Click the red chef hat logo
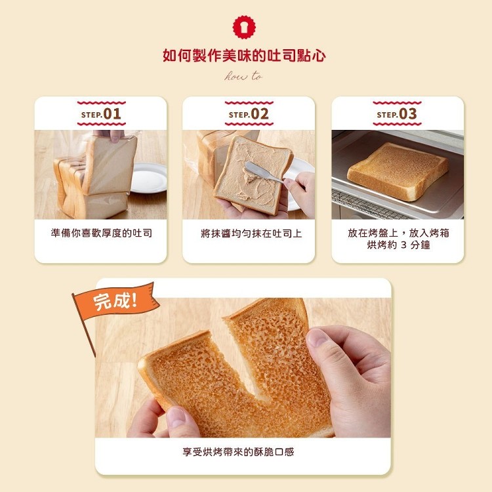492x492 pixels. [x=244, y=27]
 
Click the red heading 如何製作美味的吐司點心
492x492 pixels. [x=244, y=56]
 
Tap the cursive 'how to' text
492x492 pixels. [x=243, y=76]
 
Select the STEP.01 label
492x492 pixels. [x=101, y=114]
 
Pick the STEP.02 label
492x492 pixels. [x=249, y=114]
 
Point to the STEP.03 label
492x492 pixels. [x=397, y=114]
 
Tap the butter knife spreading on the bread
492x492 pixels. [x=263, y=172]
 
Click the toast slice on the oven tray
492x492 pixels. [x=398, y=171]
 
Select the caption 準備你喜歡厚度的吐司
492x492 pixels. [x=101, y=233]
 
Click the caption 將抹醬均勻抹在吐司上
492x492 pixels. [x=251, y=234]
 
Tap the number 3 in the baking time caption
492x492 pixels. [x=403, y=245]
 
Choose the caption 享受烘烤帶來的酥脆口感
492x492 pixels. [x=238, y=452]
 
